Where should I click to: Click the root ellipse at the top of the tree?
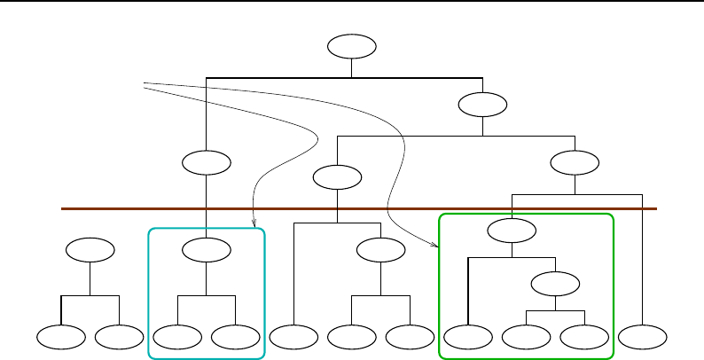(x=351, y=46)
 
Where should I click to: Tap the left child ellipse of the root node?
(x=206, y=163)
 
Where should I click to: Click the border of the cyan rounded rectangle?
(x=148, y=293)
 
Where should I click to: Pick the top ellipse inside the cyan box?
(x=206, y=251)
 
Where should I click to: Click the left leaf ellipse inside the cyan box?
(x=176, y=337)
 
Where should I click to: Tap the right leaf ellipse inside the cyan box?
(x=235, y=337)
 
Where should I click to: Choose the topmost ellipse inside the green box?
(x=512, y=231)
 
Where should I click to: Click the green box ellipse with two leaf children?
(x=555, y=285)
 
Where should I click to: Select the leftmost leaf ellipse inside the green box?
(x=468, y=337)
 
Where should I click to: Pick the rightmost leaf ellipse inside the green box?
(x=584, y=337)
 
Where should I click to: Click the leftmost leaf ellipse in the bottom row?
(x=61, y=337)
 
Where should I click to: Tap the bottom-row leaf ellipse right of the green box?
(x=642, y=337)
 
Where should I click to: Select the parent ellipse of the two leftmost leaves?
(x=90, y=251)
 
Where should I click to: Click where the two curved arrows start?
(x=144, y=85)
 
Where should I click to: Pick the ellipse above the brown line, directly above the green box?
(x=575, y=163)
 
